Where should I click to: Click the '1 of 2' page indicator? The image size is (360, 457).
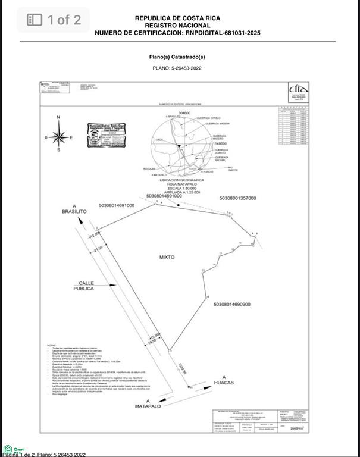54,20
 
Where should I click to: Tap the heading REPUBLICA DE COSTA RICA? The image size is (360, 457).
177,18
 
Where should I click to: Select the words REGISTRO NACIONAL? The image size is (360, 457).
177,26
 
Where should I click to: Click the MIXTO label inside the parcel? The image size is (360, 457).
167,258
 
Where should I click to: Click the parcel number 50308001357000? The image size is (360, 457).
237,198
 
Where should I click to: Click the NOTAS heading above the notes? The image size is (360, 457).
52,345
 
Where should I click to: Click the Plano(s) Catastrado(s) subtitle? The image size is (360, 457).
177,57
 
